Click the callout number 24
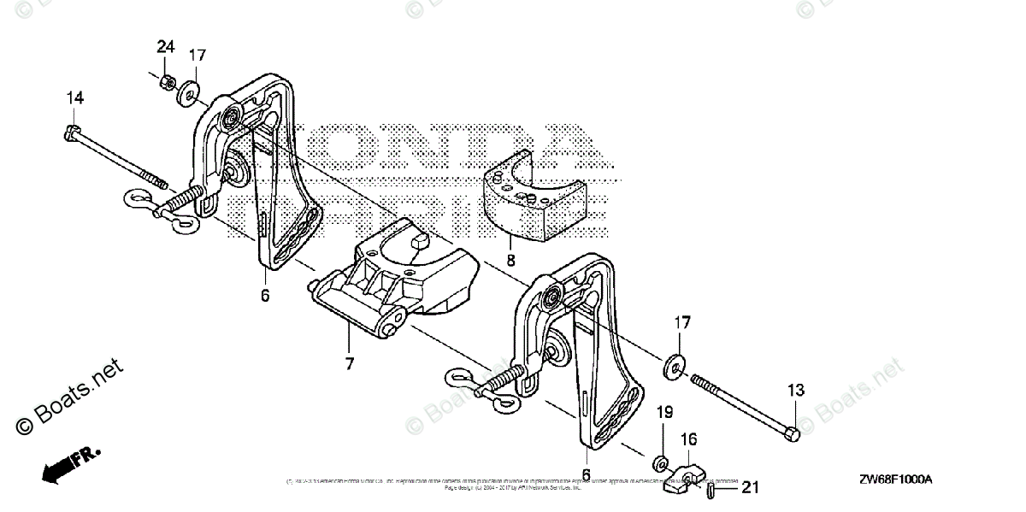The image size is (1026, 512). pos(165,46)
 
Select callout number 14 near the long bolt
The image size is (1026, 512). pos(75,99)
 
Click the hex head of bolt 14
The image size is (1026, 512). pos(72,132)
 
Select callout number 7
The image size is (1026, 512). pos(349,364)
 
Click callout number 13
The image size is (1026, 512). pos(796,391)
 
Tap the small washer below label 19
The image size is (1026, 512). pos(659,464)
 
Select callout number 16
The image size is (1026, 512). pos(689,439)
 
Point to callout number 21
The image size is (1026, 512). pos(750,489)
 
